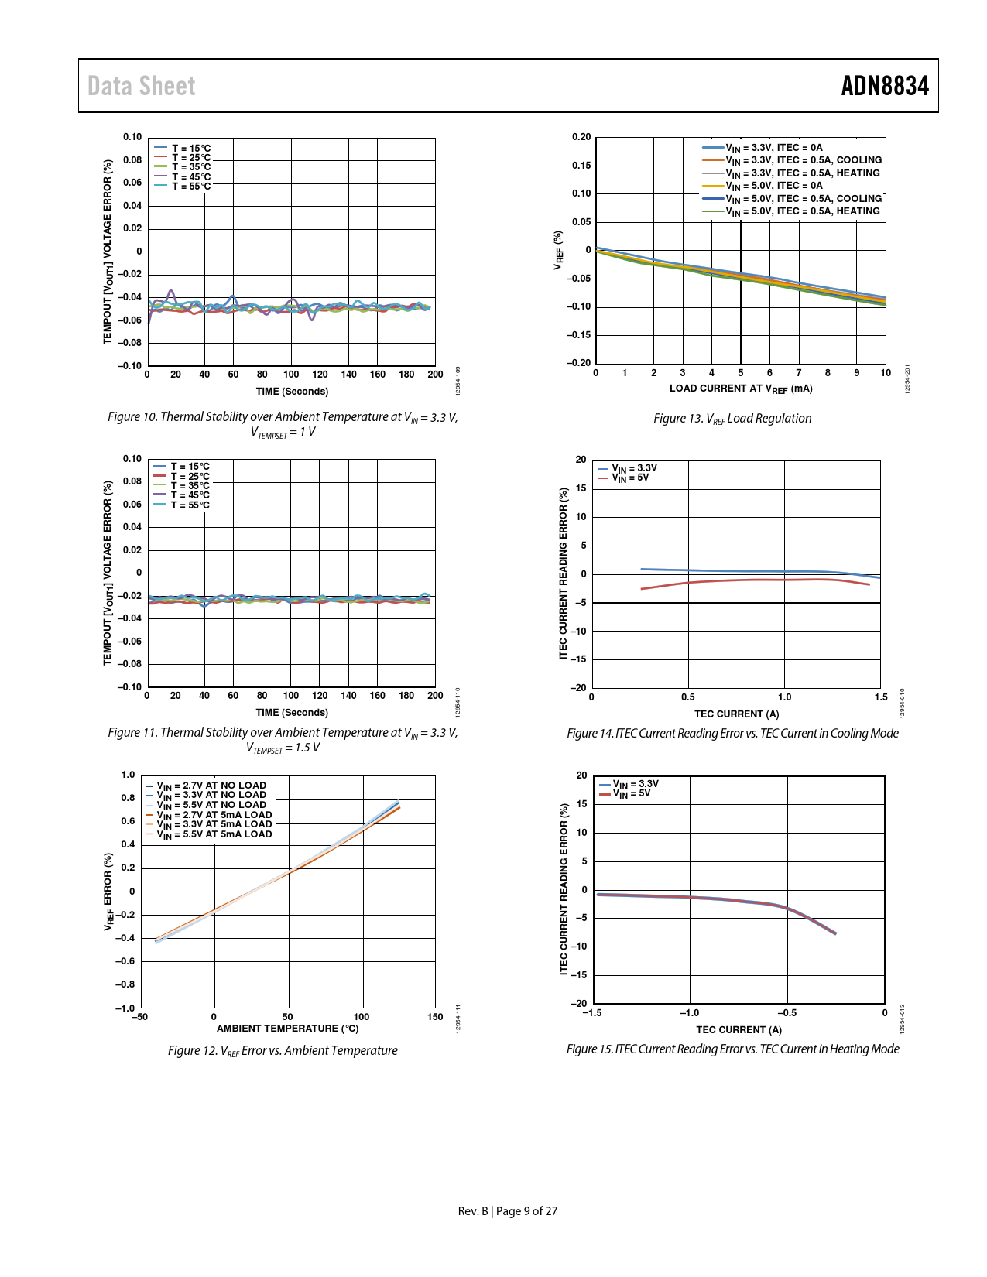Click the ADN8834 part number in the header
pos(885,86)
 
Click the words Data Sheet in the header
pos(141,86)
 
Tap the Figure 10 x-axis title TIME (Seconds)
pos(292,392)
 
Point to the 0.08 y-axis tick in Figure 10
pos(132,160)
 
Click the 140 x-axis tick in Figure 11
pos(349,696)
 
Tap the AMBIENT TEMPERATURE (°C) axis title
pos(287,1029)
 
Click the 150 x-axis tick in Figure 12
pos(435,1017)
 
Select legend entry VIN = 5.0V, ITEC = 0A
pos(774,186)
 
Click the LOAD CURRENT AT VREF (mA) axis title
pos(741,389)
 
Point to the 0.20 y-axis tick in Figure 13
pos(581,137)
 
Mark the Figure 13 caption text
pos(732,419)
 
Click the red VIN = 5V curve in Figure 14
pos(735,580)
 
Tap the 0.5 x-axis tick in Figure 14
pos(687,697)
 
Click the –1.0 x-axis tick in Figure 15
pos(689,1013)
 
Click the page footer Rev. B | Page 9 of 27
pos(507,1211)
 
